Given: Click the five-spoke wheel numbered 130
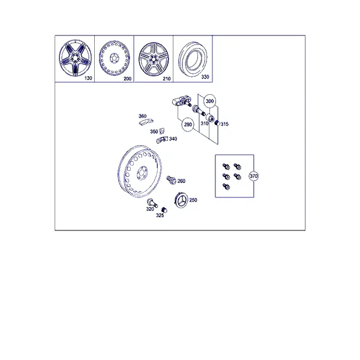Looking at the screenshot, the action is pyautogui.click(x=75, y=58).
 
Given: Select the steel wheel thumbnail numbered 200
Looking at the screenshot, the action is pyautogui.click(x=114, y=58).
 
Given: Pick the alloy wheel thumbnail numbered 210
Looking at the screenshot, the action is pyautogui.click(x=154, y=59).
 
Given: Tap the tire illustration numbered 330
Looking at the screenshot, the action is pyautogui.click(x=193, y=59).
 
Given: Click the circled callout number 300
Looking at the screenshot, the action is pyautogui.click(x=209, y=101).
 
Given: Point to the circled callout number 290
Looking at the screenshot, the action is pyautogui.click(x=188, y=125).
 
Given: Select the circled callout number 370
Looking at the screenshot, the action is pyautogui.click(x=253, y=176).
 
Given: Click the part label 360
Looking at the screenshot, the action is pyautogui.click(x=143, y=116).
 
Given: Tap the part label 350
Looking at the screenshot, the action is pyautogui.click(x=154, y=131).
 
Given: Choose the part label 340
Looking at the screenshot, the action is pyautogui.click(x=173, y=139).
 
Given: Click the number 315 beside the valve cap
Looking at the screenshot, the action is pyautogui.click(x=224, y=124).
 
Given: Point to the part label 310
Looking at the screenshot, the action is pyautogui.click(x=205, y=124).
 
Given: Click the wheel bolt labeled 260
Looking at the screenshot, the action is pyautogui.click(x=171, y=180).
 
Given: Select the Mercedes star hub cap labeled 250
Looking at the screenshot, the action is pyautogui.click(x=181, y=200).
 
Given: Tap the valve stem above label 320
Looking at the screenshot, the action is pyautogui.click(x=152, y=203).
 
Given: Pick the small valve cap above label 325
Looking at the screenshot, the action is pyautogui.click(x=164, y=210).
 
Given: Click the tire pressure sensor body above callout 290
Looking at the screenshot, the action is pyautogui.click(x=182, y=102).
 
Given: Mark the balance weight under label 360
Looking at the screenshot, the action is pyautogui.click(x=146, y=122).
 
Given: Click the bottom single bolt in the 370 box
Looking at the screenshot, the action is pyautogui.click(x=226, y=187).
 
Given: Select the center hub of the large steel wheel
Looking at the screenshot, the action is pyautogui.click(x=142, y=174).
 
